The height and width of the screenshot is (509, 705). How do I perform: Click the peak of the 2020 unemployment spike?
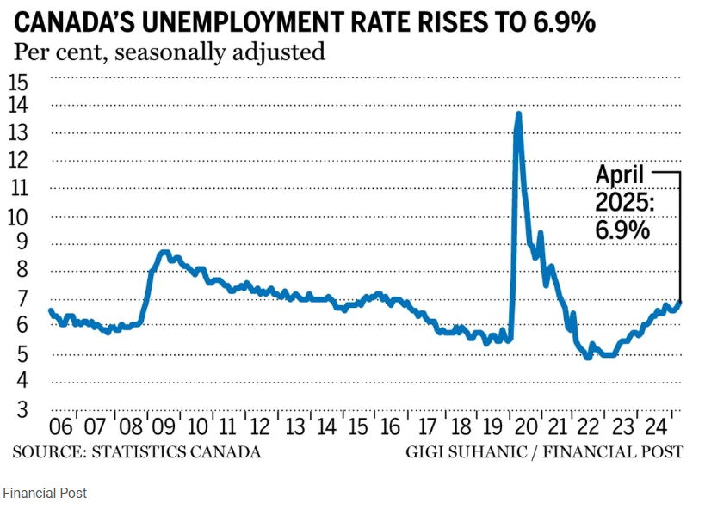coord(518,113)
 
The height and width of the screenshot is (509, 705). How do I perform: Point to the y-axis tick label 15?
coord(18,83)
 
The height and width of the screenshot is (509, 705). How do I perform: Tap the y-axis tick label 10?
coord(18,216)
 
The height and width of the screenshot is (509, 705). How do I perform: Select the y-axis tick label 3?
coord(18,408)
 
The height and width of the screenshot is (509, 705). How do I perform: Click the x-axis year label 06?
coord(62,427)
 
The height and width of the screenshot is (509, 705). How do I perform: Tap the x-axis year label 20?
coord(526,427)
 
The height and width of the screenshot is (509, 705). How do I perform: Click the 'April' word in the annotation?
coord(620,175)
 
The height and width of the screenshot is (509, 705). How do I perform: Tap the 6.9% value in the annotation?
coord(622,230)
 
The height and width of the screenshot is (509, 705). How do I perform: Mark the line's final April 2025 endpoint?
coord(680,302)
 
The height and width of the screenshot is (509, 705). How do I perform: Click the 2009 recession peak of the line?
coord(164,252)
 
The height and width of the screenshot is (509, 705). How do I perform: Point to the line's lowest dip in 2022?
coord(588,356)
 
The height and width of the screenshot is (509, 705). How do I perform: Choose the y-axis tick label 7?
coord(18,298)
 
